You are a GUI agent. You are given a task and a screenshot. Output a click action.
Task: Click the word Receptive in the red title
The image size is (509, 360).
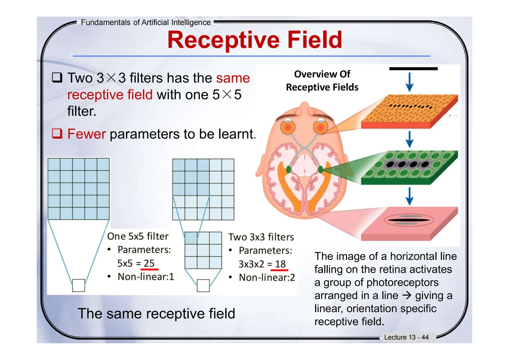pyautogui.click(x=224, y=41)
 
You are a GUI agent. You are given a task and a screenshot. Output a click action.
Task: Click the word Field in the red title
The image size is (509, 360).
pyautogui.click(x=315, y=40)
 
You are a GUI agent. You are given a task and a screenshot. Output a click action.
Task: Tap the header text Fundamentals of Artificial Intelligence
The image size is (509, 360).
pyautogui.click(x=146, y=22)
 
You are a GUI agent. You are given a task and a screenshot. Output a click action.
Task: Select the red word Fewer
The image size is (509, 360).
pyautogui.click(x=87, y=134)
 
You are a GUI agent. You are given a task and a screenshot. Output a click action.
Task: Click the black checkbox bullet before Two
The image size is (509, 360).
pyautogui.click(x=57, y=78)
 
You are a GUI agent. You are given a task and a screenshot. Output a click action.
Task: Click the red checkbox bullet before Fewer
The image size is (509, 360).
pyautogui.click(x=57, y=133)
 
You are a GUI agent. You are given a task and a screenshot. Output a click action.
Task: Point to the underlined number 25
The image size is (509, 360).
pyautogui.click(x=149, y=263)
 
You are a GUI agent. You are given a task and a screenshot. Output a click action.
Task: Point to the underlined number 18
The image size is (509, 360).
pyautogui.click(x=280, y=264)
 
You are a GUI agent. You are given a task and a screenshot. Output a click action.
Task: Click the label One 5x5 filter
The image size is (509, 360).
pyautogui.click(x=138, y=236)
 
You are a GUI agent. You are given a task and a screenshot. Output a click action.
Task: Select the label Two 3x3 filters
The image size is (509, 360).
pyautogui.click(x=261, y=237)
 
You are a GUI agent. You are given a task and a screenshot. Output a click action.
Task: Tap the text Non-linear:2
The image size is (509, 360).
pyautogui.click(x=267, y=277)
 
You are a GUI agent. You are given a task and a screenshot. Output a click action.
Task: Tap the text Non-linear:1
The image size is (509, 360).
pyautogui.click(x=146, y=276)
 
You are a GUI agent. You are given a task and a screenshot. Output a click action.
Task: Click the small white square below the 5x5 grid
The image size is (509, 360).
pyautogui.click(x=78, y=285)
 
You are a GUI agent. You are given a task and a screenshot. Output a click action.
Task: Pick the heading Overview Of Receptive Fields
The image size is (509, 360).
pyautogui.click(x=322, y=81)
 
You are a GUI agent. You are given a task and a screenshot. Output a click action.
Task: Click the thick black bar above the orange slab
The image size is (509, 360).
pyautogui.click(x=413, y=69)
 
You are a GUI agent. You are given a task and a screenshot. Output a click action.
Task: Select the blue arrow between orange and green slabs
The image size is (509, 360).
pyautogui.click(x=409, y=139)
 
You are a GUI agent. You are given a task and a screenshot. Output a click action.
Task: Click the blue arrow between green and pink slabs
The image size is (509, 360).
pyautogui.click(x=409, y=196)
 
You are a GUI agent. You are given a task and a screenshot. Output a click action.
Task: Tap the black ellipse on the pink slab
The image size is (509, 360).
pyautogui.click(x=409, y=220)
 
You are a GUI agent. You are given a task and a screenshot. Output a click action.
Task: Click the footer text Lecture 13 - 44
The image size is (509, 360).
pyautogui.click(x=406, y=337)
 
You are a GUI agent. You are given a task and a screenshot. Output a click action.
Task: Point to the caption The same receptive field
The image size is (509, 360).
pyautogui.click(x=157, y=314)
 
